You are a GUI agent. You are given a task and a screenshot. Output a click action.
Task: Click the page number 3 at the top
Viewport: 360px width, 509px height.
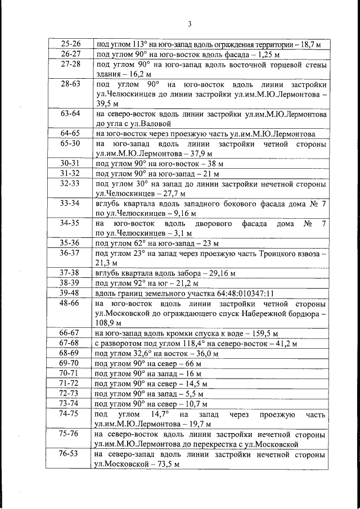(x=190, y=24)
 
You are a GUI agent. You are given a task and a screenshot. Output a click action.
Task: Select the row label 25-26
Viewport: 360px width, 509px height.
(x=70, y=44)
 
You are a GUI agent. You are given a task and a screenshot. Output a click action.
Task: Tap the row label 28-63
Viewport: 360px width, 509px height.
(x=70, y=84)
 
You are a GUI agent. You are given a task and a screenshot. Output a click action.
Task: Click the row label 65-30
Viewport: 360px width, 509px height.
(x=70, y=144)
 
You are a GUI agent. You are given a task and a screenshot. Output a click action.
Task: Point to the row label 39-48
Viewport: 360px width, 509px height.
(x=70, y=293)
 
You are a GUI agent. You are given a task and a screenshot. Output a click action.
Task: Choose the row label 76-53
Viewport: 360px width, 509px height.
(x=70, y=454)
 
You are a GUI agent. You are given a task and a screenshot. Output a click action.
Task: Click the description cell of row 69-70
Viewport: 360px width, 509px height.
(x=211, y=364)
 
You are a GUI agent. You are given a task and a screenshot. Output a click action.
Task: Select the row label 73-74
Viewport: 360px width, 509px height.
(x=70, y=404)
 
